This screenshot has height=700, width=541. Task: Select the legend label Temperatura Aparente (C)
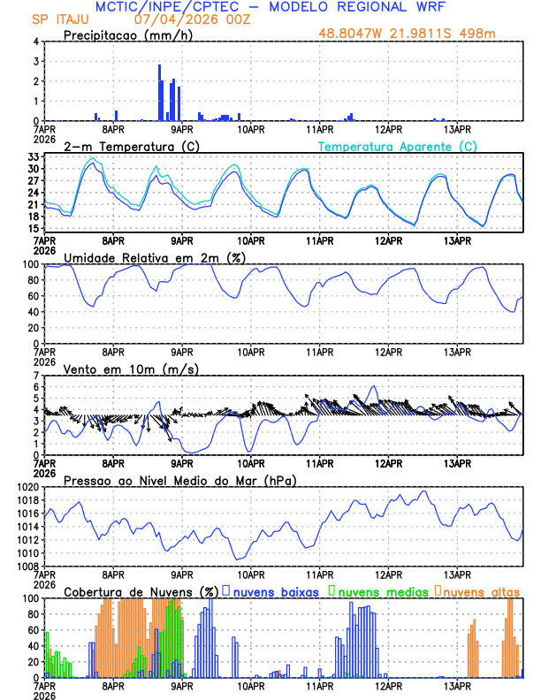click(x=398, y=146)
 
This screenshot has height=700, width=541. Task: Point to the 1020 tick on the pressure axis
click(x=27, y=487)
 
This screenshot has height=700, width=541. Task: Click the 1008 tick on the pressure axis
click(x=27, y=566)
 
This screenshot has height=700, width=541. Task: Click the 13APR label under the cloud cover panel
click(x=457, y=685)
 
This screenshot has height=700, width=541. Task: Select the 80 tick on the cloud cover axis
click(x=31, y=613)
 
